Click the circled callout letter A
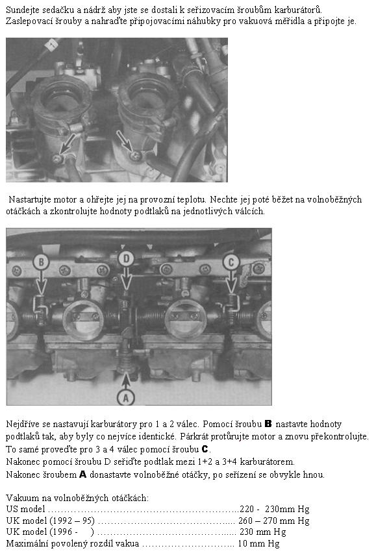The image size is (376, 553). coord(126,397)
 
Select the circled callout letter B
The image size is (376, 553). coord(41,262)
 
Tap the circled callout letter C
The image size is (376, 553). coord(231,262)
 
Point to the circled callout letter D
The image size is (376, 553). coord(126,259)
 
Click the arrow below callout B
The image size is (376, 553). coord(42,282)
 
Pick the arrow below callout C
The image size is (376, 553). coord(231,282)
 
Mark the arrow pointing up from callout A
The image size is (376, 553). coord(126,382)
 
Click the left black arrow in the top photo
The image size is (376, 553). coord(68,143)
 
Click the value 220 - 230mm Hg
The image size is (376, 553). coord(275,509)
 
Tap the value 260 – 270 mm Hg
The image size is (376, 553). coord(273,521)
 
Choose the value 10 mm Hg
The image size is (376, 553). coord(258,543)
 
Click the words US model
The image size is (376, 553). coord(25,509)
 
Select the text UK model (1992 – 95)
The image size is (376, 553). coord(51,521)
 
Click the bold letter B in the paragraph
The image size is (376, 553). coord(268,424)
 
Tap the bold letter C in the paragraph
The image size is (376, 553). coord(205,449)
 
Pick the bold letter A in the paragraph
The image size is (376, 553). coord(83,474)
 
